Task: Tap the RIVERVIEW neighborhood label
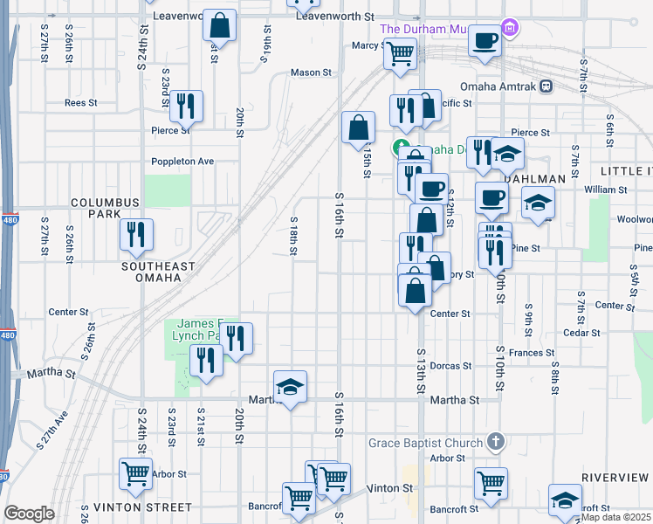[615, 478]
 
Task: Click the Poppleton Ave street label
[182, 162]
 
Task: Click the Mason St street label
[312, 72]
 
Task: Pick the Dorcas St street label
[450, 366]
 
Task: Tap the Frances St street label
[532, 353]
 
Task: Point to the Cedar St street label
[583, 333]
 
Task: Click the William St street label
[606, 190]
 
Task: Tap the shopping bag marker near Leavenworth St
[220, 26]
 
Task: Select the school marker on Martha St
[291, 386]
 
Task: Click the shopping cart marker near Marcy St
[400, 52]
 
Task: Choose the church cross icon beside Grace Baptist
[496, 443]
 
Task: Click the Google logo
[29, 514]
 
